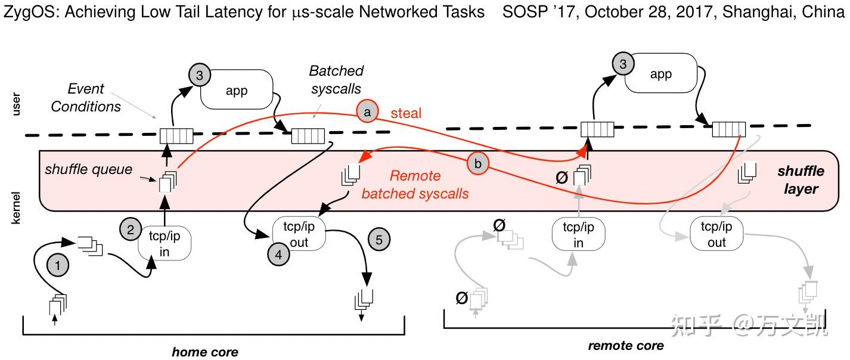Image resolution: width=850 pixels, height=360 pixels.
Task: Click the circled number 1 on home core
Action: [58, 267]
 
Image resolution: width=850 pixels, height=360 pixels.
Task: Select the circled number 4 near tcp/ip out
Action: [278, 255]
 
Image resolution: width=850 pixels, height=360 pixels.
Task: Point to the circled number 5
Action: [380, 240]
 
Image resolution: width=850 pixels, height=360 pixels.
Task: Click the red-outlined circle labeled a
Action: [367, 111]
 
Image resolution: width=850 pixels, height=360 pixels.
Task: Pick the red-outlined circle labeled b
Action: [476, 164]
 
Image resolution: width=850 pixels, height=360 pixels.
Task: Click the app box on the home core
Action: [237, 92]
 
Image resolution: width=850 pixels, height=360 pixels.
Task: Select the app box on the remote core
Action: [660, 74]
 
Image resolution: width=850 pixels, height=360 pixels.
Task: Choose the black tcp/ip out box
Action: [299, 234]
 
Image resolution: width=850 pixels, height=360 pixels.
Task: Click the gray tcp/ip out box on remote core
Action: [716, 234]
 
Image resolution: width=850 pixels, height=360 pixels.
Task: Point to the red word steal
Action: [406, 113]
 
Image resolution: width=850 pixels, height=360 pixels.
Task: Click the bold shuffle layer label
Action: [801, 180]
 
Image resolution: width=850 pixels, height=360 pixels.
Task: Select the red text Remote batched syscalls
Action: [415, 185]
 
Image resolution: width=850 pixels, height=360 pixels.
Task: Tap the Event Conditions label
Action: [85, 98]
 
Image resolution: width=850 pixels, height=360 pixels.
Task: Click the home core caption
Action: [204, 352]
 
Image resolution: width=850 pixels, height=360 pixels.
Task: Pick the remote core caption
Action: [625, 346]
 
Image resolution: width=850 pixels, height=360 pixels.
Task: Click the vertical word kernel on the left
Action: [17, 208]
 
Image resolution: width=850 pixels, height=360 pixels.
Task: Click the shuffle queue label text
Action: [88, 169]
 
